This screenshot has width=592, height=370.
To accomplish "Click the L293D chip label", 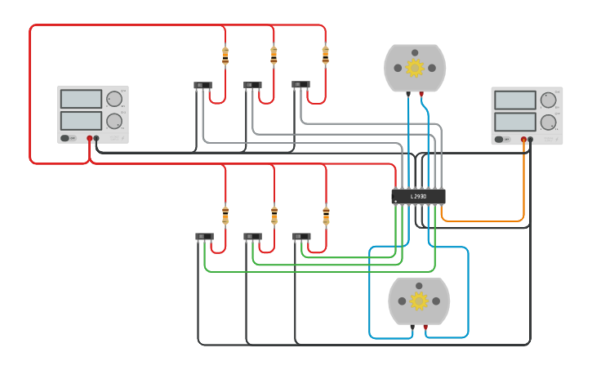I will point(418,197).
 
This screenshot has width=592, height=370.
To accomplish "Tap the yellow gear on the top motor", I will point(415,68).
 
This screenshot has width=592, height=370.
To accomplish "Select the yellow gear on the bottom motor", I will point(419,301).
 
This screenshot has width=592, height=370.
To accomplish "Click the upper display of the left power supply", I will point(81,99).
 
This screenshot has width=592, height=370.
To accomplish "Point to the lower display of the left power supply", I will point(81,121).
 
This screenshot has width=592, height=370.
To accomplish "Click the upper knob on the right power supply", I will point(548,100).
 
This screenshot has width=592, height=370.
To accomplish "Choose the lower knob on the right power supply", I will point(548,123).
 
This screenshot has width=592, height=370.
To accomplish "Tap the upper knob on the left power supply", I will point(114,100).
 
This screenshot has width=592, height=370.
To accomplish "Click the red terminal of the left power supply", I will point(90,138).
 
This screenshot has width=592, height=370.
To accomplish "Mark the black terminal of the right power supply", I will point(530,139).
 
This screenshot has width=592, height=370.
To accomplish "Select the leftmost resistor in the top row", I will point(225,56).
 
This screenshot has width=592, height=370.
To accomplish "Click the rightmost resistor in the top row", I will point(325,55).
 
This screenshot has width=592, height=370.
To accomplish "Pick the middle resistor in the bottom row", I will point(274,215).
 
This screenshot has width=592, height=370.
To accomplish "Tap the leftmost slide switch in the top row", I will point(203,85).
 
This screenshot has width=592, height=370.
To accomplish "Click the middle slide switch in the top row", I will point(252,84).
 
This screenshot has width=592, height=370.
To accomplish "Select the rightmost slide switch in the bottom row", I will point(301,237).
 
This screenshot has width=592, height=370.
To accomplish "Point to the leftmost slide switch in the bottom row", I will point(204,237).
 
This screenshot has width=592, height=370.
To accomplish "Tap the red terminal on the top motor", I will point(421,94).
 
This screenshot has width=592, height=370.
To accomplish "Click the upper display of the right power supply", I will point(514,100).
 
